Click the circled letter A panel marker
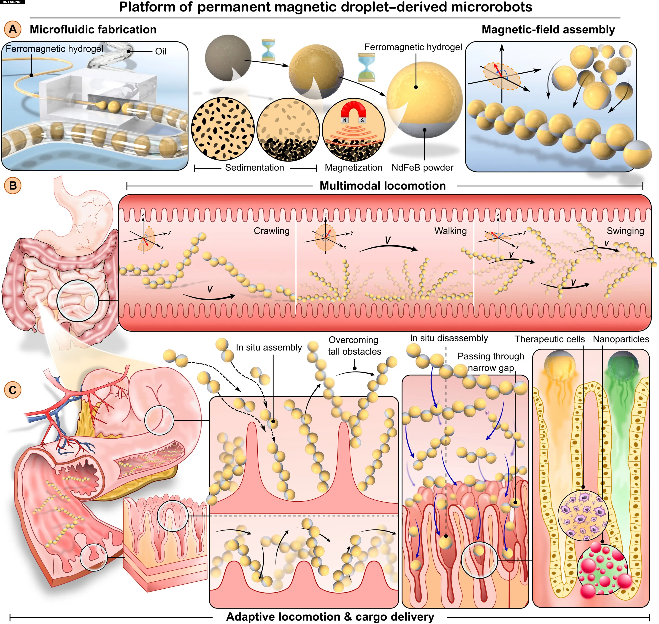click(x=13, y=29)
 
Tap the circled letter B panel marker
click(x=13, y=185)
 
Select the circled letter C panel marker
click(x=13, y=390)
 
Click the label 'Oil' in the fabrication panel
click(x=160, y=51)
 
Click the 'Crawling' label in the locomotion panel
click(x=272, y=231)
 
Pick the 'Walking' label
click(x=450, y=231)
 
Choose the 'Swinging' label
click(x=625, y=231)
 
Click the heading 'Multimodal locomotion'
click(x=383, y=186)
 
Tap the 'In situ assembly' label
click(x=269, y=347)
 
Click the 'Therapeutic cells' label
click(x=550, y=339)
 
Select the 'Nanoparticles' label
click(x=621, y=339)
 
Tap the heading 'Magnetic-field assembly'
click(x=548, y=29)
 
